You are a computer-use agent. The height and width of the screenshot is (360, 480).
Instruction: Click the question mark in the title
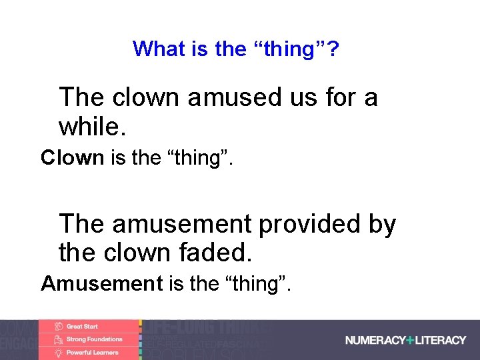[x=333, y=49]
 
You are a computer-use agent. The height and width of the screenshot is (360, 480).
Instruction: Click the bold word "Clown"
[x=72, y=158]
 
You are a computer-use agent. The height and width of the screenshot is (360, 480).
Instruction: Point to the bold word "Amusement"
[x=101, y=284]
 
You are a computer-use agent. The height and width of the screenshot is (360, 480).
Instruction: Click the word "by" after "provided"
[x=382, y=225]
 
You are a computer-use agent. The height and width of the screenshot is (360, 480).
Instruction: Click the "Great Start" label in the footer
[x=82, y=327]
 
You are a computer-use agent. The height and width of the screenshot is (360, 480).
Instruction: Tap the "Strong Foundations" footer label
[x=94, y=339]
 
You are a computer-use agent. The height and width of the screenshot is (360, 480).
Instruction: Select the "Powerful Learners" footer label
[x=92, y=352]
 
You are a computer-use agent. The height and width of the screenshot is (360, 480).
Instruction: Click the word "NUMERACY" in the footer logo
[x=374, y=340]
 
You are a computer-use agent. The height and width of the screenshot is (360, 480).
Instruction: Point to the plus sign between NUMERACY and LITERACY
[x=409, y=340]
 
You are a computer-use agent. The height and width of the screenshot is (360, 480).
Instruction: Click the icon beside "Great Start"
[x=58, y=327]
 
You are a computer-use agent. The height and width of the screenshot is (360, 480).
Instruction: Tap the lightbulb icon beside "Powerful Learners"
[x=58, y=352]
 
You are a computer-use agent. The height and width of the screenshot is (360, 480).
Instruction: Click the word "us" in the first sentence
[x=303, y=98]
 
